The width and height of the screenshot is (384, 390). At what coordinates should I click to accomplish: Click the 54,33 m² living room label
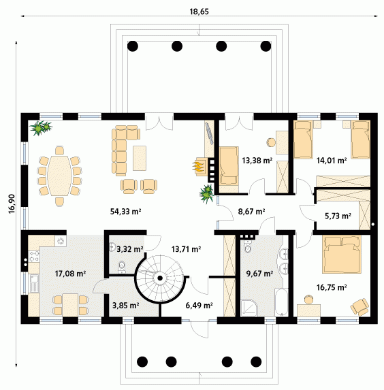point(126,212)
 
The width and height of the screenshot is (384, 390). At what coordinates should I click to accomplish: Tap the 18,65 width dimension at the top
point(199,12)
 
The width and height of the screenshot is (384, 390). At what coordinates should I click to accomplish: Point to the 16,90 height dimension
point(12,204)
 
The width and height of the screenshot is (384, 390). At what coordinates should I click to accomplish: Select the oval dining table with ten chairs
point(59,176)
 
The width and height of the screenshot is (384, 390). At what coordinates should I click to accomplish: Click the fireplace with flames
point(200,166)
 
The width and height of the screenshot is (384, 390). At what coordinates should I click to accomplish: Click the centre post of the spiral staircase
point(160,278)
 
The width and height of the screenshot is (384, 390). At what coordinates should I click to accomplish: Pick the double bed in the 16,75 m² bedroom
point(342,254)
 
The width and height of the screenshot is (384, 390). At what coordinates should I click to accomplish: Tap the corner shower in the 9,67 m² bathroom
point(249,308)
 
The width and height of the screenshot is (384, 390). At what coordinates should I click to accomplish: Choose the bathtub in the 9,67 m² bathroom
point(281,302)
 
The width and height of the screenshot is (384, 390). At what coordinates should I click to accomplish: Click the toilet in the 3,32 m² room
point(121,266)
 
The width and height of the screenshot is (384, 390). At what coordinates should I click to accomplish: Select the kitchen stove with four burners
point(34,257)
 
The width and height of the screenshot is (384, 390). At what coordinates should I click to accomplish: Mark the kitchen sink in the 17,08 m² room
point(34,283)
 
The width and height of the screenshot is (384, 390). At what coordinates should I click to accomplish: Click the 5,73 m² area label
point(338,216)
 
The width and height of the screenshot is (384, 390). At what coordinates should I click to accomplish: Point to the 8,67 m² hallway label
point(251,212)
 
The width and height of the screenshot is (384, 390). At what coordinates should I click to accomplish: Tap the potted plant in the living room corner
point(41,128)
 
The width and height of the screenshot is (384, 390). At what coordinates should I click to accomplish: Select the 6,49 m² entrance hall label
point(199,305)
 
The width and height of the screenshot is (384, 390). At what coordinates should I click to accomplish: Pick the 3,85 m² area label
point(126,305)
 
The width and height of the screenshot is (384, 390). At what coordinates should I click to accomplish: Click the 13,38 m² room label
point(257,161)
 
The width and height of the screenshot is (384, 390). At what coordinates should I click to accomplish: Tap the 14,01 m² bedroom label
point(332,161)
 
